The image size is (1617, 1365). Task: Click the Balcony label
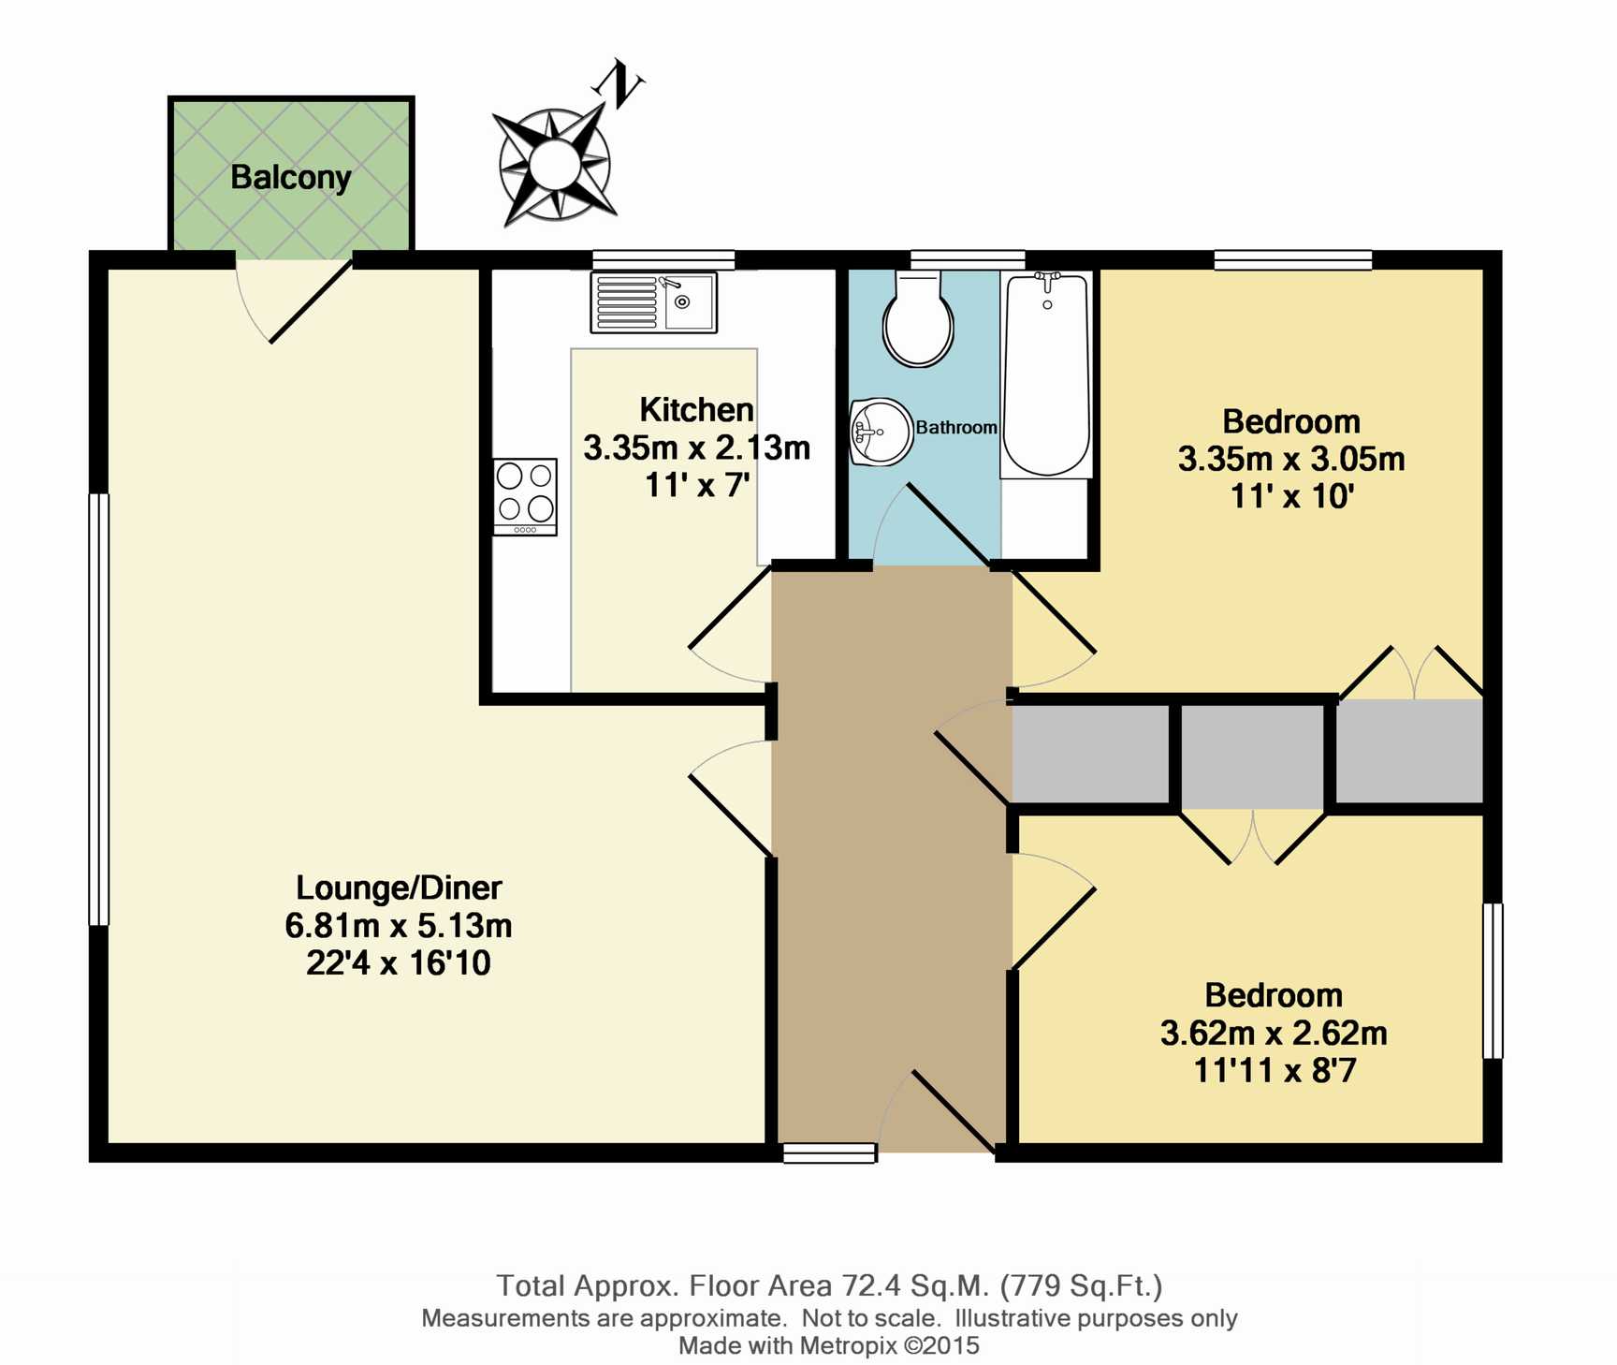(290, 177)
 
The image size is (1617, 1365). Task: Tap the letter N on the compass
(619, 83)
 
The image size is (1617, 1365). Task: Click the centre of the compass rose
(555, 165)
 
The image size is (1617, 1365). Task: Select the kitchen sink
(653, 302)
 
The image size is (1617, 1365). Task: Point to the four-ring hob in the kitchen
(525, 497)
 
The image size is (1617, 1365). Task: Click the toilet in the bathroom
(918, 317)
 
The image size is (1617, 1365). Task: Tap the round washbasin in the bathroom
(881, 432)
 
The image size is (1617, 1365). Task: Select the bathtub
(1046, 375)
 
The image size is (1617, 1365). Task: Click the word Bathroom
(956, 427)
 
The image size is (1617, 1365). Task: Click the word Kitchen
(696, 409)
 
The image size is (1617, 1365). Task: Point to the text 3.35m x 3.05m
(1291, 459)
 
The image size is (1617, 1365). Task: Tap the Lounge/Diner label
(399, 887)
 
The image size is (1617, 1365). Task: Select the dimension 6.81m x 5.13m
(399, 925)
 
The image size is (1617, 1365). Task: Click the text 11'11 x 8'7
(1274, 1070)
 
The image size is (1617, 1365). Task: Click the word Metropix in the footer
(849, 1345)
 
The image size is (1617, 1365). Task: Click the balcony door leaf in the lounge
(311, 301)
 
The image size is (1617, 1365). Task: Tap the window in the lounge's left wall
(98, 709)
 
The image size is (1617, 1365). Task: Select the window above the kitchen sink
(663, 259)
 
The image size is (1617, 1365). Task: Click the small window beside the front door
(829, 1152)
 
